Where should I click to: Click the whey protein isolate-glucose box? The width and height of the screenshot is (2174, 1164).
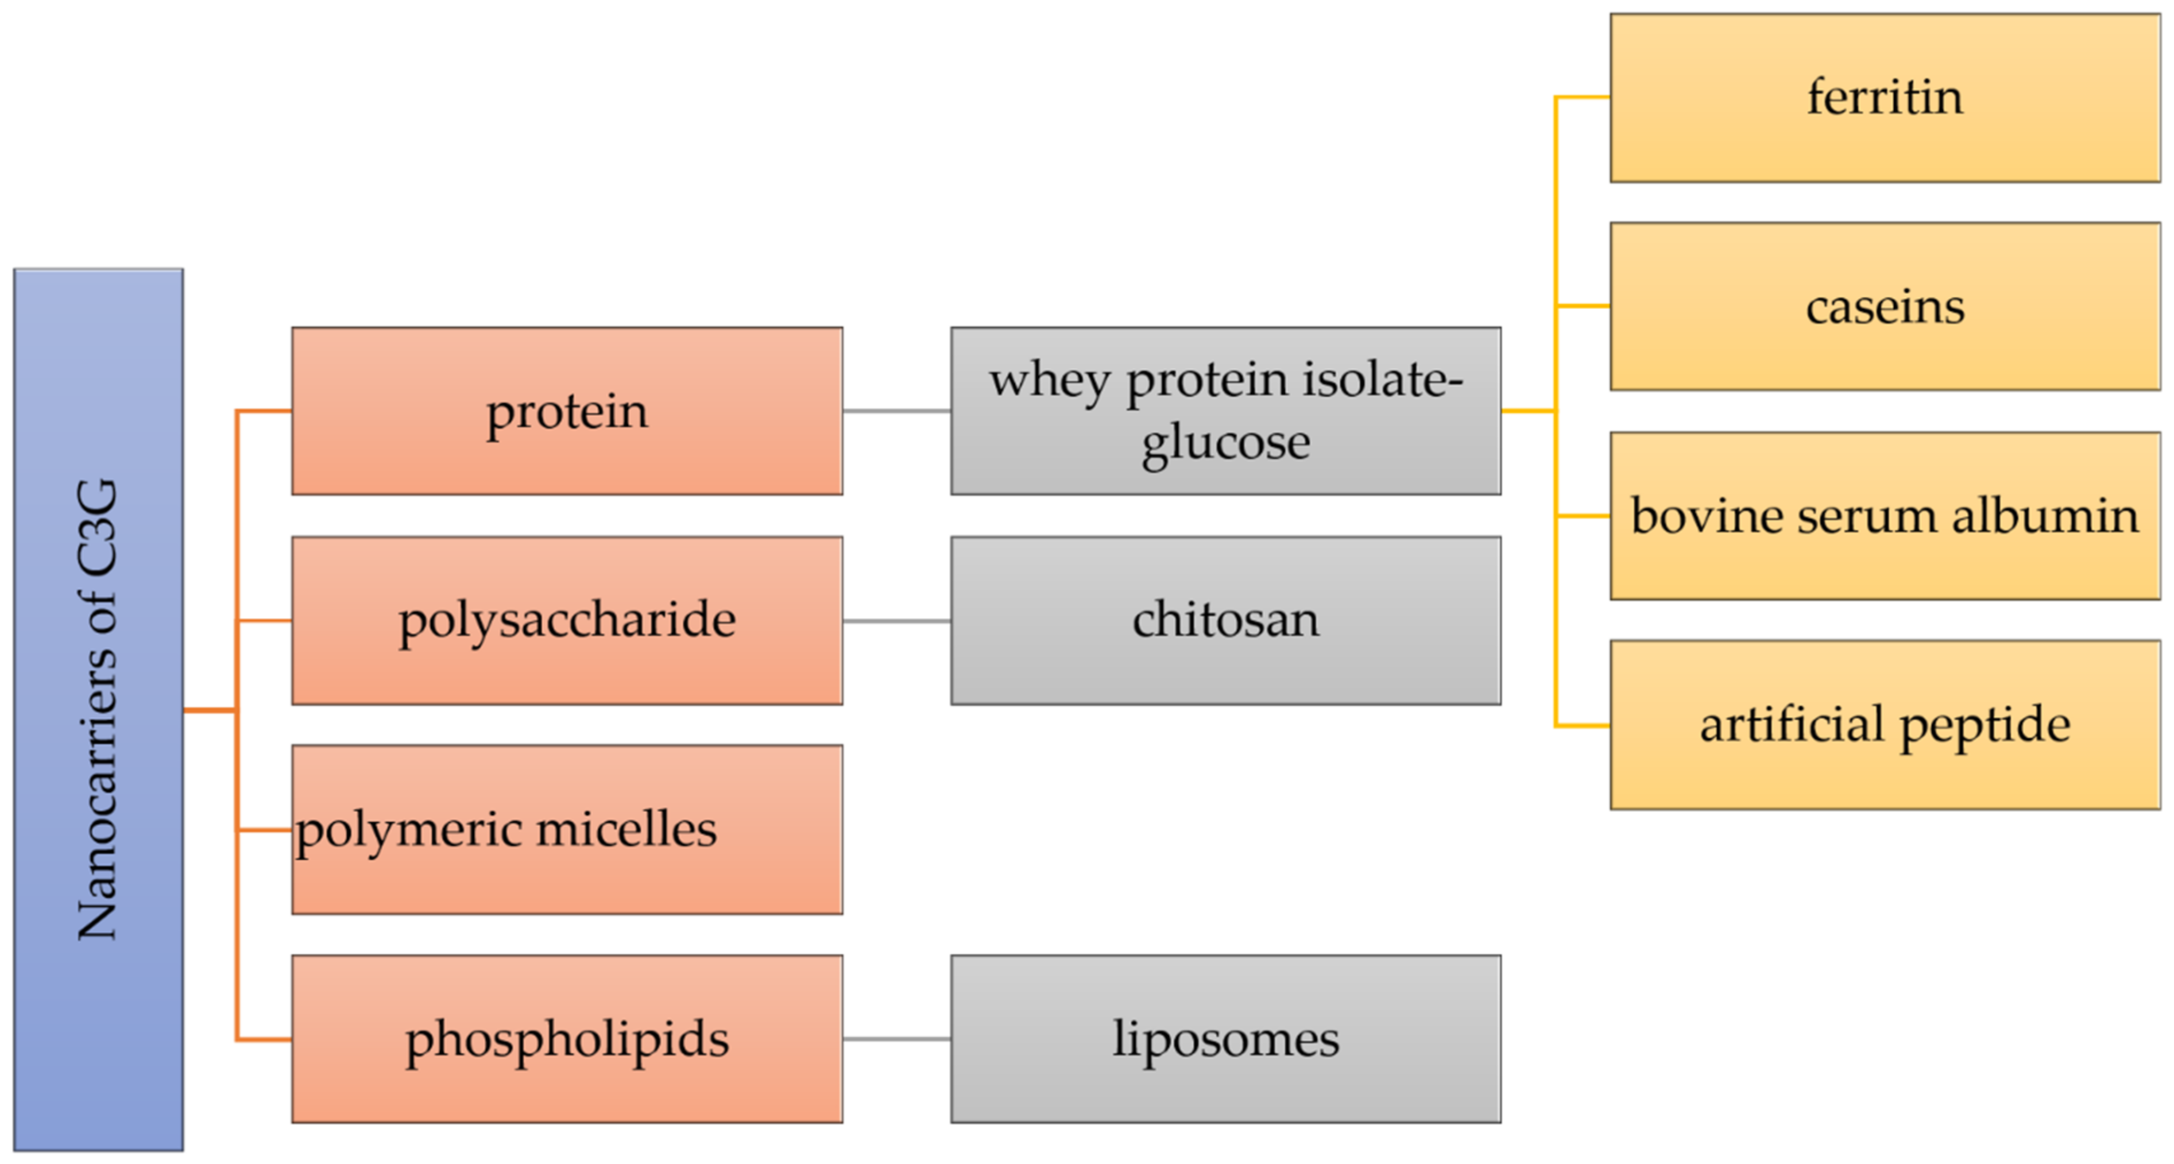pyautogui.click(x=1225, y=411)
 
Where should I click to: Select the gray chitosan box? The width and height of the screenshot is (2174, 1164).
pyautogui.click(x=1225, y=620)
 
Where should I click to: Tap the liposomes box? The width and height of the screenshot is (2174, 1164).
pyautogui.click(x=1225, y=1039)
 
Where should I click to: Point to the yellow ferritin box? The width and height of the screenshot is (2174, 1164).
pyautogui.click(x=1885, y=97)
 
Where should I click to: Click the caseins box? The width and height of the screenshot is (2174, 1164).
pyautogui.click(x=1885, y=307)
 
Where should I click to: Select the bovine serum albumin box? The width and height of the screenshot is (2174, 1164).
pyautogui.click(x=1885, y=516)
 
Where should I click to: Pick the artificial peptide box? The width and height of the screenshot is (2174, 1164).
pyautogui.click(x=1885, y=725)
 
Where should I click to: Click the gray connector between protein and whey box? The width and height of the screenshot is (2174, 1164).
pyautogui.click(x=896, y=411)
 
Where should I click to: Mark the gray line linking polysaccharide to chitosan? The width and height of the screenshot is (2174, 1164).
pyautogui.click(x=896, y=621)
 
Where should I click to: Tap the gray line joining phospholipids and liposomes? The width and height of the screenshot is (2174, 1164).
pyautogui.click(x=896, y=1039)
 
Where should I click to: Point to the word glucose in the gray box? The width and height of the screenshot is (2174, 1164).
pyautogui.click(x=1225, y=442)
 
